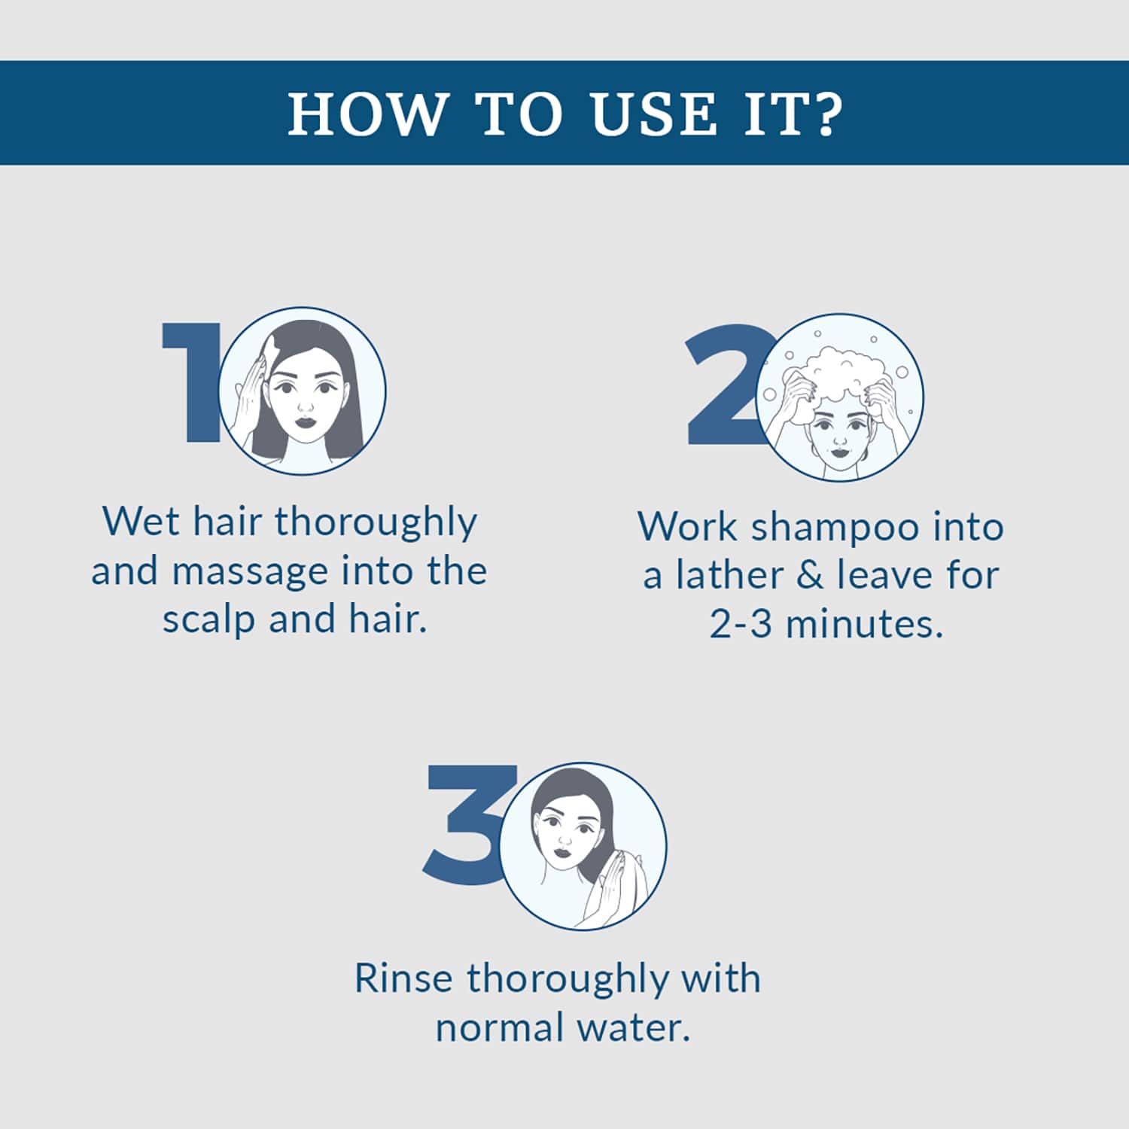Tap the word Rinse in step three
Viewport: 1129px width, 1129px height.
(x=403, y=978)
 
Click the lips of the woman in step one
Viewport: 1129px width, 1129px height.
(x=306, y=421)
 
